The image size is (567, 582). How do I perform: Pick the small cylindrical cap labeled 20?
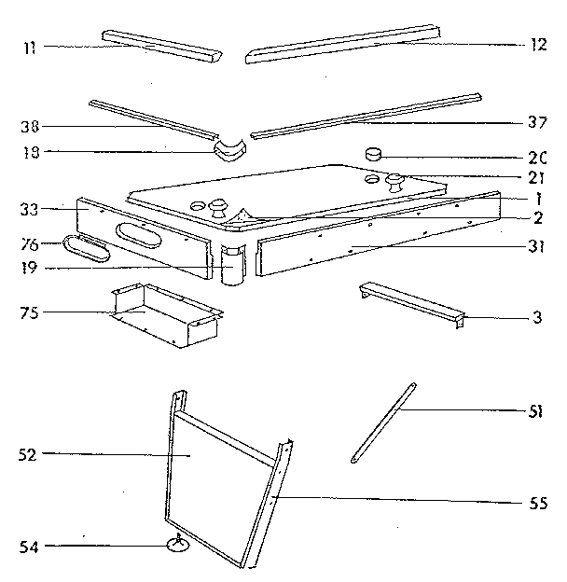click(375, 153)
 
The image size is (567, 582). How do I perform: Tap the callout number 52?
click(27, 454)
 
